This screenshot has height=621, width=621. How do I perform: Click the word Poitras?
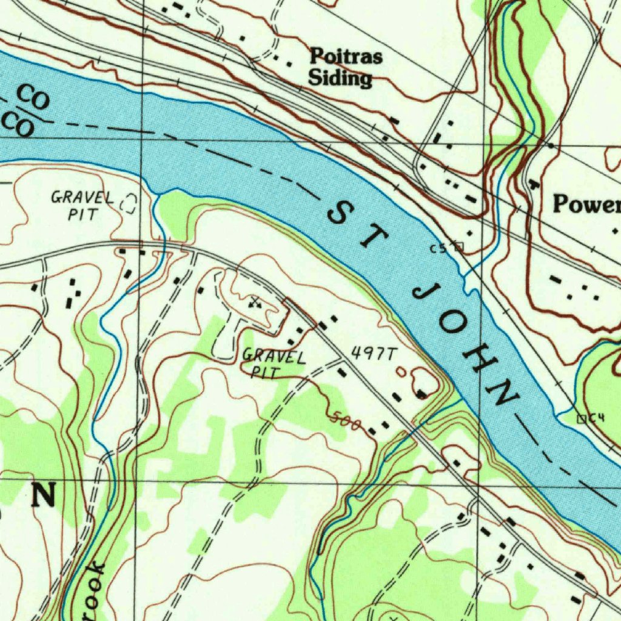(346, 58)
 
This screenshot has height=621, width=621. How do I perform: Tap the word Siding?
(340, 78)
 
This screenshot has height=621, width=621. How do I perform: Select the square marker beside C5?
(458, 246)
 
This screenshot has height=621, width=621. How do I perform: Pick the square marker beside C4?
(581, 418)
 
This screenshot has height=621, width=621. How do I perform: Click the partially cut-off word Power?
(586, 205)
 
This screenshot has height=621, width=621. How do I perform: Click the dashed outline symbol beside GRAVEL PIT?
(128, 203)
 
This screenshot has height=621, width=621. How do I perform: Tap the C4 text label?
(597, 417)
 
